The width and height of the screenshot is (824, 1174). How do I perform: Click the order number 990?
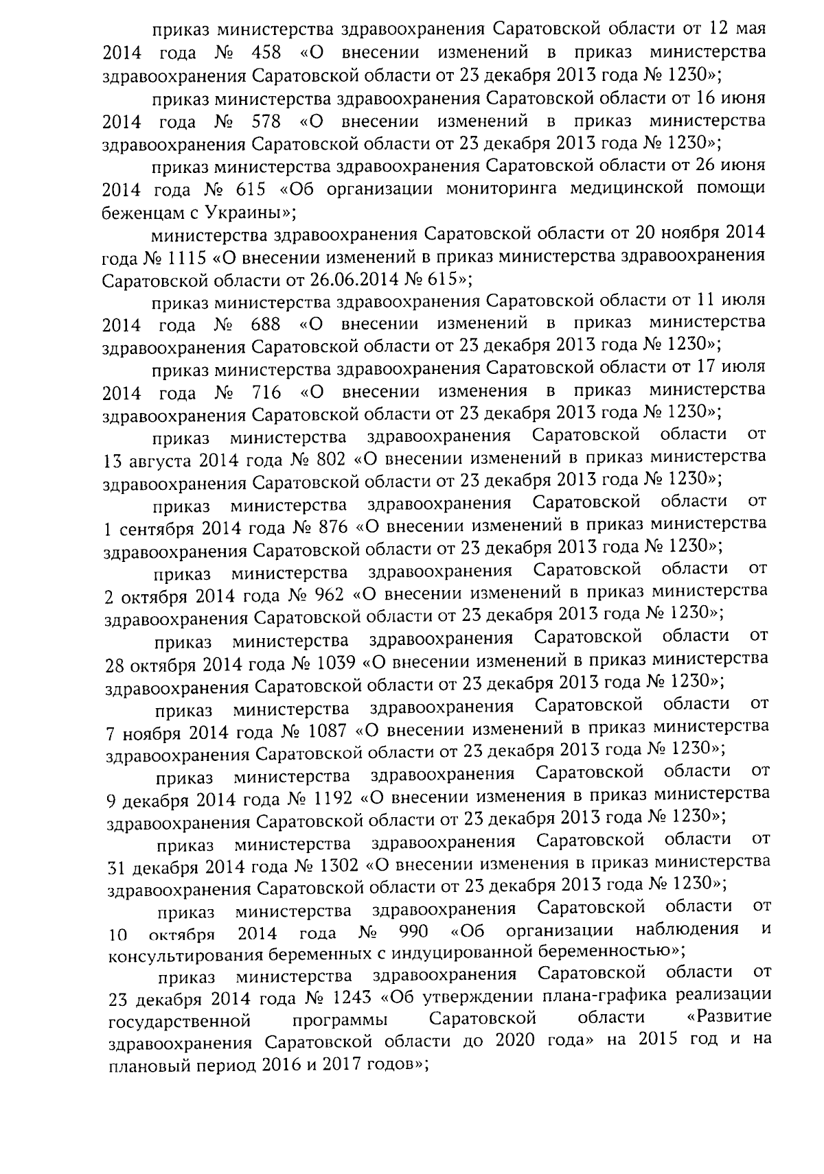(x=413, y=932)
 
